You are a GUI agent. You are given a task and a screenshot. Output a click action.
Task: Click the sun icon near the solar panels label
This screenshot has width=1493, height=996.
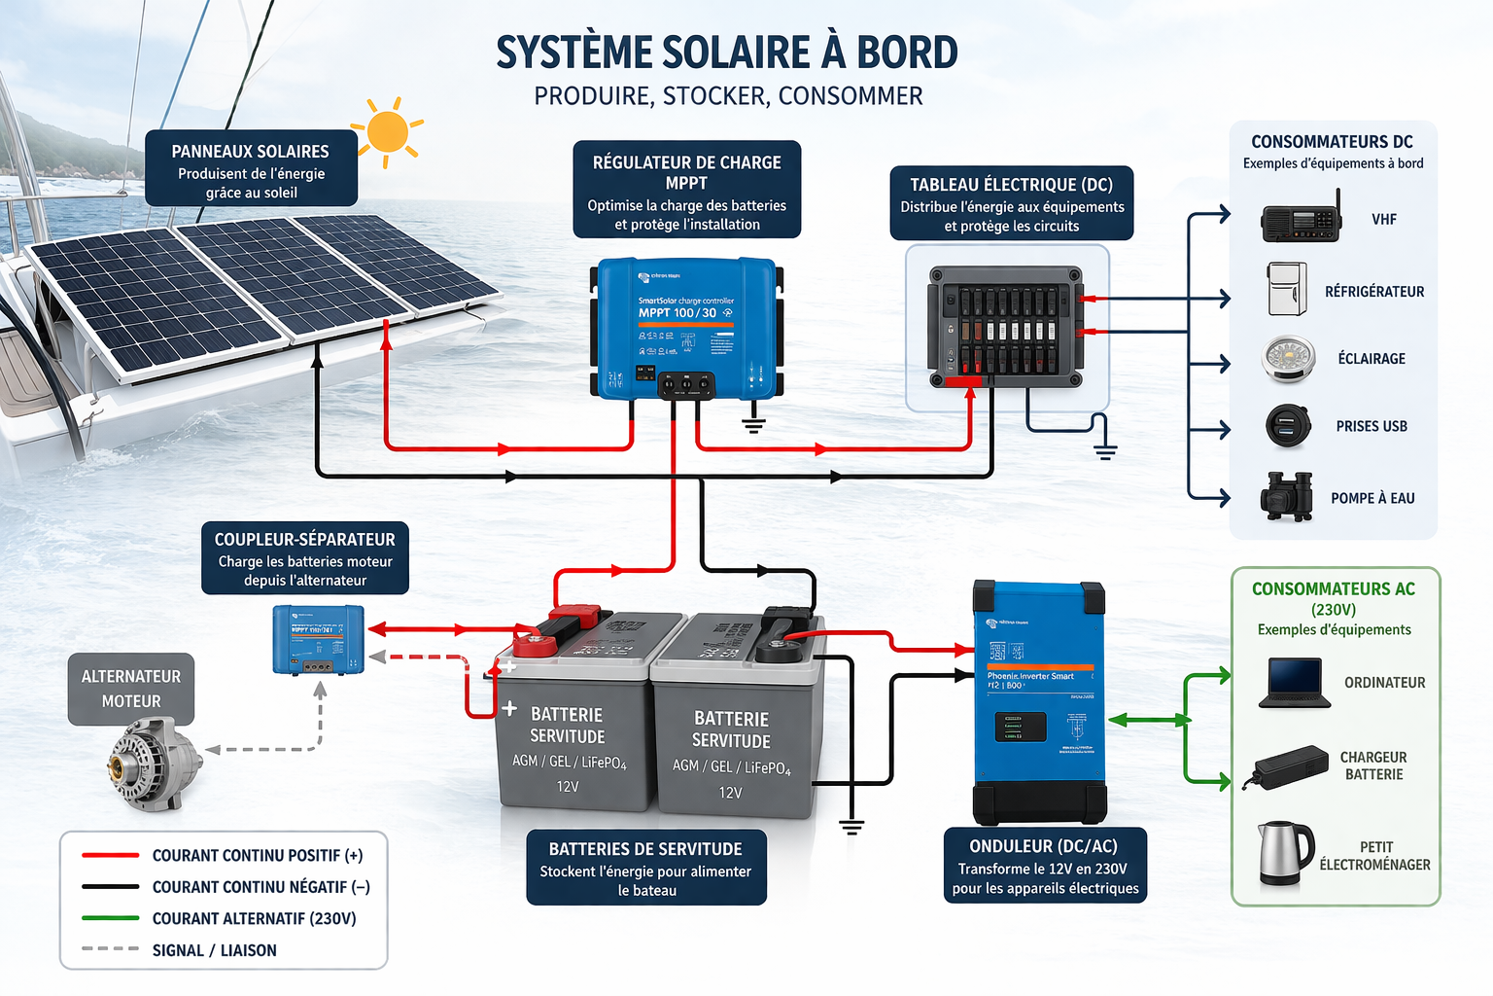[x=389, y=132]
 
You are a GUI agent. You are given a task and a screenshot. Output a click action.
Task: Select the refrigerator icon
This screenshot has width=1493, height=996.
[x=1287, y=289]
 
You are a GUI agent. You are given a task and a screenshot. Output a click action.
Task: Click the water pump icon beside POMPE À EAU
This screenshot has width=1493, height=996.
[x=1287, y=496]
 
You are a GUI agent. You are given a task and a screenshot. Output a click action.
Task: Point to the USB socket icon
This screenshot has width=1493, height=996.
[x=1289, y=426]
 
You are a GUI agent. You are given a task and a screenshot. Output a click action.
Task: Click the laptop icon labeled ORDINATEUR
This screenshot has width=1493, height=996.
[x=1294, y=682]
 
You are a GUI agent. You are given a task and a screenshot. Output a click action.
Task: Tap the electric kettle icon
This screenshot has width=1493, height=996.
[x=1285, y=853]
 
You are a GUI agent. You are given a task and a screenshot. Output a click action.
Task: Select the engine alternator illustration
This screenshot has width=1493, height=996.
[x=153, y=765]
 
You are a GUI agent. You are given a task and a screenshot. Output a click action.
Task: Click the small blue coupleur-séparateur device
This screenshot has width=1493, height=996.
[x=319, y=639]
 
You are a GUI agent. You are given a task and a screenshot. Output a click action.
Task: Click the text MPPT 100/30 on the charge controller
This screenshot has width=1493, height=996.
[x=677, y=313]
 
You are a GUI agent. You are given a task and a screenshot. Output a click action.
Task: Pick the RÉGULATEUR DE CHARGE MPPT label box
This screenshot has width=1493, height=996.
[x=686, y=191]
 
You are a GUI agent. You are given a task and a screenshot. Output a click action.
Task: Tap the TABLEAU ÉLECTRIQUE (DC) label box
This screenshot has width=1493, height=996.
[x=1011, y=203]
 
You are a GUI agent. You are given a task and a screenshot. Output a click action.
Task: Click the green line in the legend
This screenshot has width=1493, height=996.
[x=110, y=918]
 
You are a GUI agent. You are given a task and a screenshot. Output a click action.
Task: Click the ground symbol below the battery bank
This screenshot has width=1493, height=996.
[x=851, y=827]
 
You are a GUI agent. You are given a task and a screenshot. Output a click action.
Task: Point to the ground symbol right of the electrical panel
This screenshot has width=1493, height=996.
[x=1104, y=450]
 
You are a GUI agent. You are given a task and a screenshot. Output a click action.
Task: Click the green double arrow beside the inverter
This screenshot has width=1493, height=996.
[x=1149, y=720]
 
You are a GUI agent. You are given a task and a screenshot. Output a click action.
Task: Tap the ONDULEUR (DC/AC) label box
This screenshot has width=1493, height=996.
[x=1045, y=866]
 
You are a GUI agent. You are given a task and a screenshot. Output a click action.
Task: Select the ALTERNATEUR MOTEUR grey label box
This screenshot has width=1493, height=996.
[x=131, y=689]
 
